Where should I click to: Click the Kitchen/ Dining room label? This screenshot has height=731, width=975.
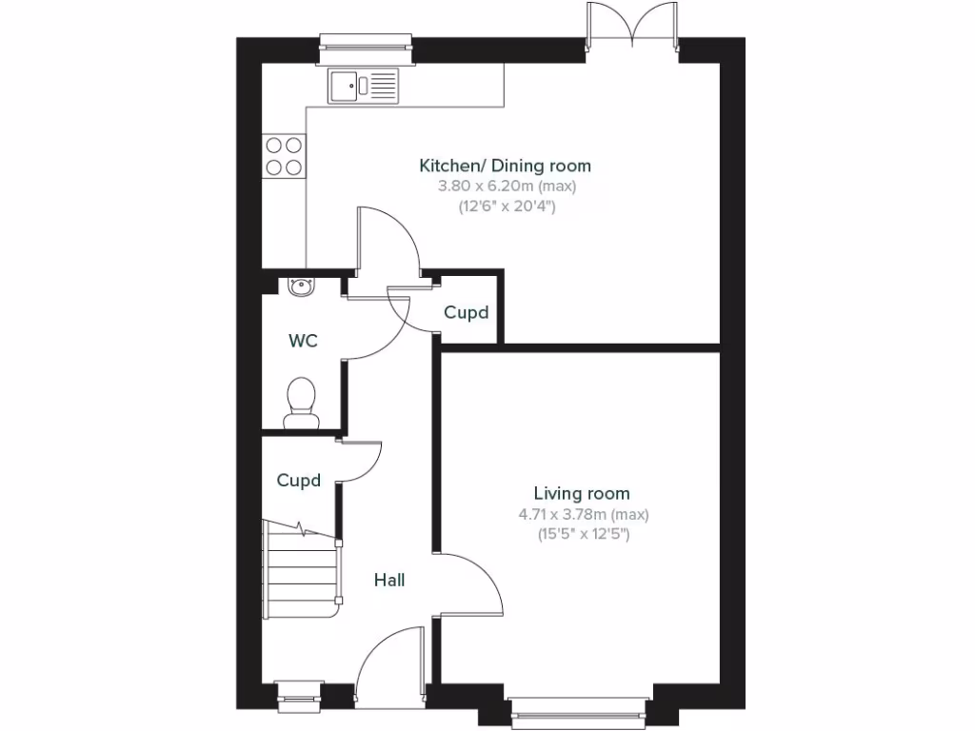tap(505, 166)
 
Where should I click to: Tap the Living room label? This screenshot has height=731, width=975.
tap(581, 493)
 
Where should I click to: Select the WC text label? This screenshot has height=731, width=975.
tap(303, 340)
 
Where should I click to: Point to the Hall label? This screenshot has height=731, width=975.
tap(388, 580)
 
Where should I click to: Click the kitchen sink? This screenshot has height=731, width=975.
tap(364, 87)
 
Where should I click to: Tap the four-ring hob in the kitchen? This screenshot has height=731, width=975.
tap(285, 156)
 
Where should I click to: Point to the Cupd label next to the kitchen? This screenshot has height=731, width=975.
tap(466, 312)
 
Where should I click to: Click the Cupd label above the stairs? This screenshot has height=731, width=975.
tap(299, 481)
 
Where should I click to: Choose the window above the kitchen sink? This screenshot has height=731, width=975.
tap(366, 42)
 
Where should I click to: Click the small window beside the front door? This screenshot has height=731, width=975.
tap(299, 695)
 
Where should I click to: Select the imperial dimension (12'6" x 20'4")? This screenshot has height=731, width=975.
tap(505, 205)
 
